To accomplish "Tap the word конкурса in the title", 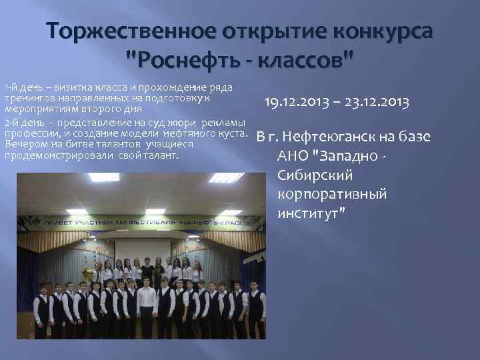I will (x=376, y=31).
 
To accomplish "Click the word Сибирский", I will (x=311, y=175).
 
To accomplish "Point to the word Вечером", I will (x=21, y=144).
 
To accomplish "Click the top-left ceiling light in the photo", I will (x=104, y=178).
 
